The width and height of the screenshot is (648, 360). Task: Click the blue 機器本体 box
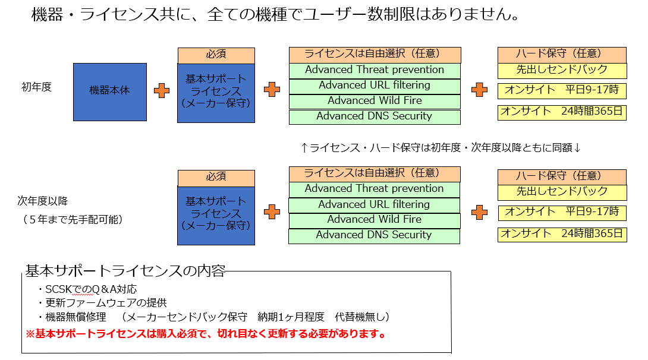tap(109, 91)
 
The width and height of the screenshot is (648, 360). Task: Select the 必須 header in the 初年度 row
tap(216, 55)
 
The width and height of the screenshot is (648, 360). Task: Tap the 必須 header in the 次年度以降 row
tap(216, 176)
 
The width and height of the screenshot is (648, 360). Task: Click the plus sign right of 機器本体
tap(162, 90)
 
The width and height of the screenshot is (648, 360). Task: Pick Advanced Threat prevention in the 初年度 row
tap(375, 70)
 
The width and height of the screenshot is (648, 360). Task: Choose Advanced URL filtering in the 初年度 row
tap(375, 85)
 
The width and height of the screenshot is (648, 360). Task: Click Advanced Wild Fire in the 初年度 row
tap(375, 100)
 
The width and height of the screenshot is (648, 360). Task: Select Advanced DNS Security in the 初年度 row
tap(375, 116)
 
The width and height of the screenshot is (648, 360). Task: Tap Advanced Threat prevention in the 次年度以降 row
tap(375, 189)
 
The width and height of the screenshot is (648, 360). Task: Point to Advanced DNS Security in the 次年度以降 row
tap(375, 235)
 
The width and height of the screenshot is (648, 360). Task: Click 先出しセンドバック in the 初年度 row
tap(562, 70)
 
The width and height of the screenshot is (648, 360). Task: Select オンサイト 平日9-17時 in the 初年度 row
tap(562, 90)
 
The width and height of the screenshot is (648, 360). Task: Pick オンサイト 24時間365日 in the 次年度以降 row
tap(562, 233)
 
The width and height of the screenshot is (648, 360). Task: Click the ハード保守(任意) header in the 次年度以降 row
tap(562, 176)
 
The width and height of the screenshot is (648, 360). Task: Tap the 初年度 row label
tap(37, 87)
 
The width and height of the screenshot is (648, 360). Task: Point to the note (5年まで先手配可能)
tap(72, 219)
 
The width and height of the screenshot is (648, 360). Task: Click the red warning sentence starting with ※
tap(206, 333)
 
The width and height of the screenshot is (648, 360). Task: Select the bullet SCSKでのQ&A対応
tap(87, 289)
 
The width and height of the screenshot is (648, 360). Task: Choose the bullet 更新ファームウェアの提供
tap(102, 303)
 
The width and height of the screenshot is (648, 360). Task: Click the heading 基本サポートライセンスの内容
tap(125, 271)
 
